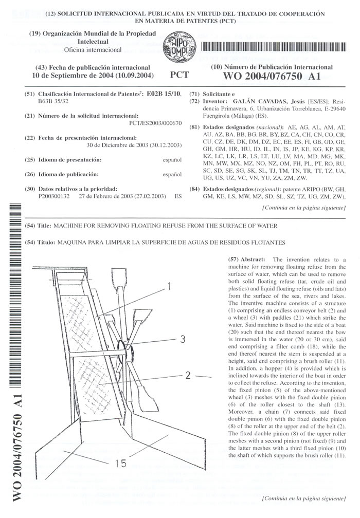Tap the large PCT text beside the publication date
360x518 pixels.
click(x=178, y=75)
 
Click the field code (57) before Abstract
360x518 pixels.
click(x=233, y=260)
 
